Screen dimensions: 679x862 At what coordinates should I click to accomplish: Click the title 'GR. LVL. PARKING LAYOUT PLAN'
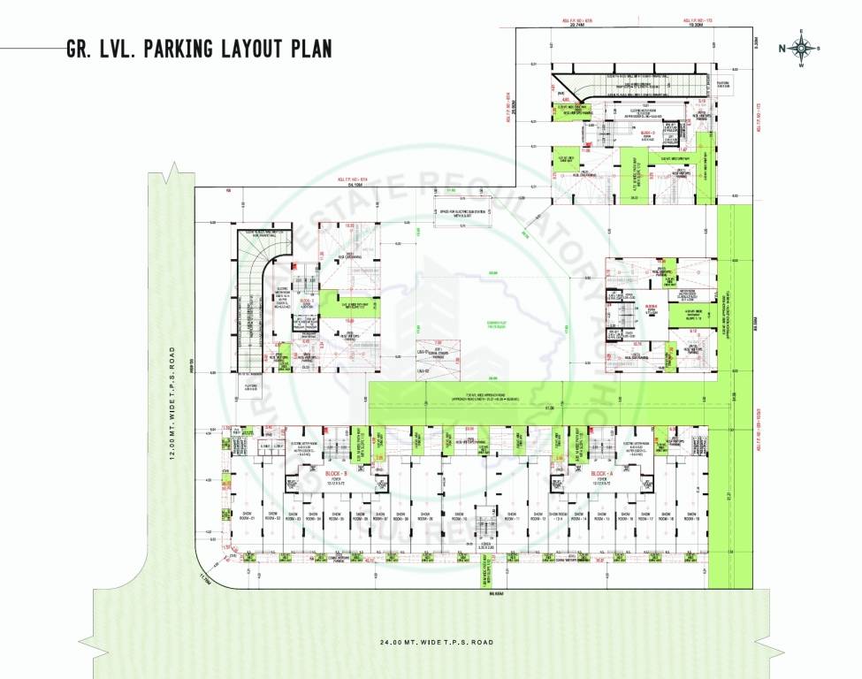[199, 49]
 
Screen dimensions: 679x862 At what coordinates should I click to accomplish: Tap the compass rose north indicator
[800, 49]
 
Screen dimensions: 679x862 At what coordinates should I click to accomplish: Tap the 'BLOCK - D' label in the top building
[646, 131]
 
